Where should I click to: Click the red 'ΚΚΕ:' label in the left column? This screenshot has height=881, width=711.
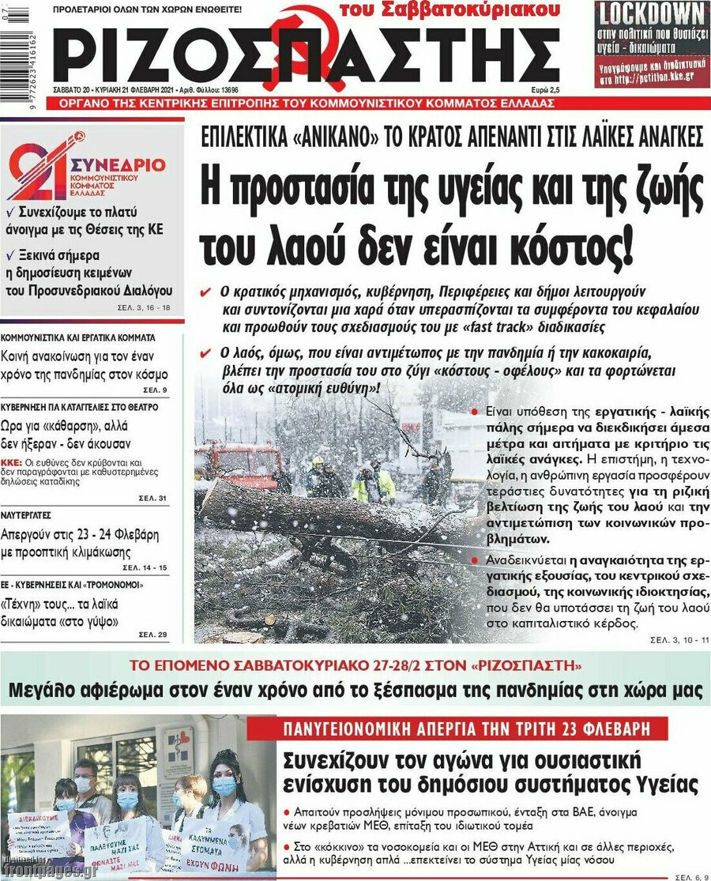[11, 462]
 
